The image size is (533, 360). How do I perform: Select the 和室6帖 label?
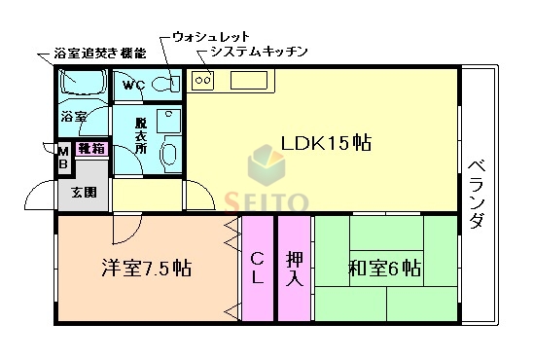point(384,268)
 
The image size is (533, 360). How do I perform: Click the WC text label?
point(134,85)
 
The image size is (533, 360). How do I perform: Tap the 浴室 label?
point(74,117)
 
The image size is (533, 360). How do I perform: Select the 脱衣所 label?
point(141,144)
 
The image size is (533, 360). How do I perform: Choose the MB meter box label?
point(63,158)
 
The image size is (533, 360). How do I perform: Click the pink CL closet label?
point(258,268)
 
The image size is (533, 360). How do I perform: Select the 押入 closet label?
point(294,268)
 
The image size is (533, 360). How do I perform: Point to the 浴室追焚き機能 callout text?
point(101,52)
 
